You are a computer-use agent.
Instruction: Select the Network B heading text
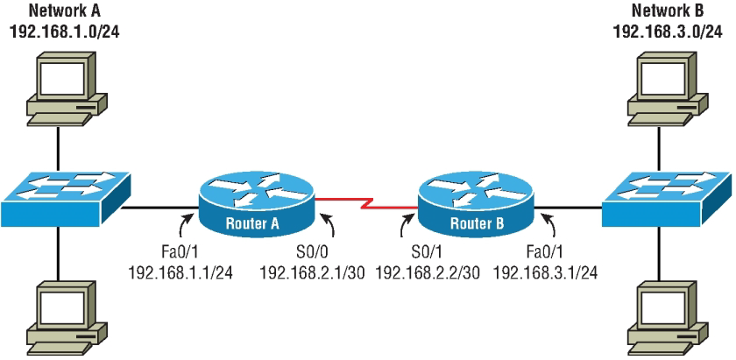[669, 11]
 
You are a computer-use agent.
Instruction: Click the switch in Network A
[64, 201]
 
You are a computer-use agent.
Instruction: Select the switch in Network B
[668, 201]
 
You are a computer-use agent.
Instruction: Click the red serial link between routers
[364, 207]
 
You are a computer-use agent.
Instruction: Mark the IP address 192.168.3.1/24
[545, 272]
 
